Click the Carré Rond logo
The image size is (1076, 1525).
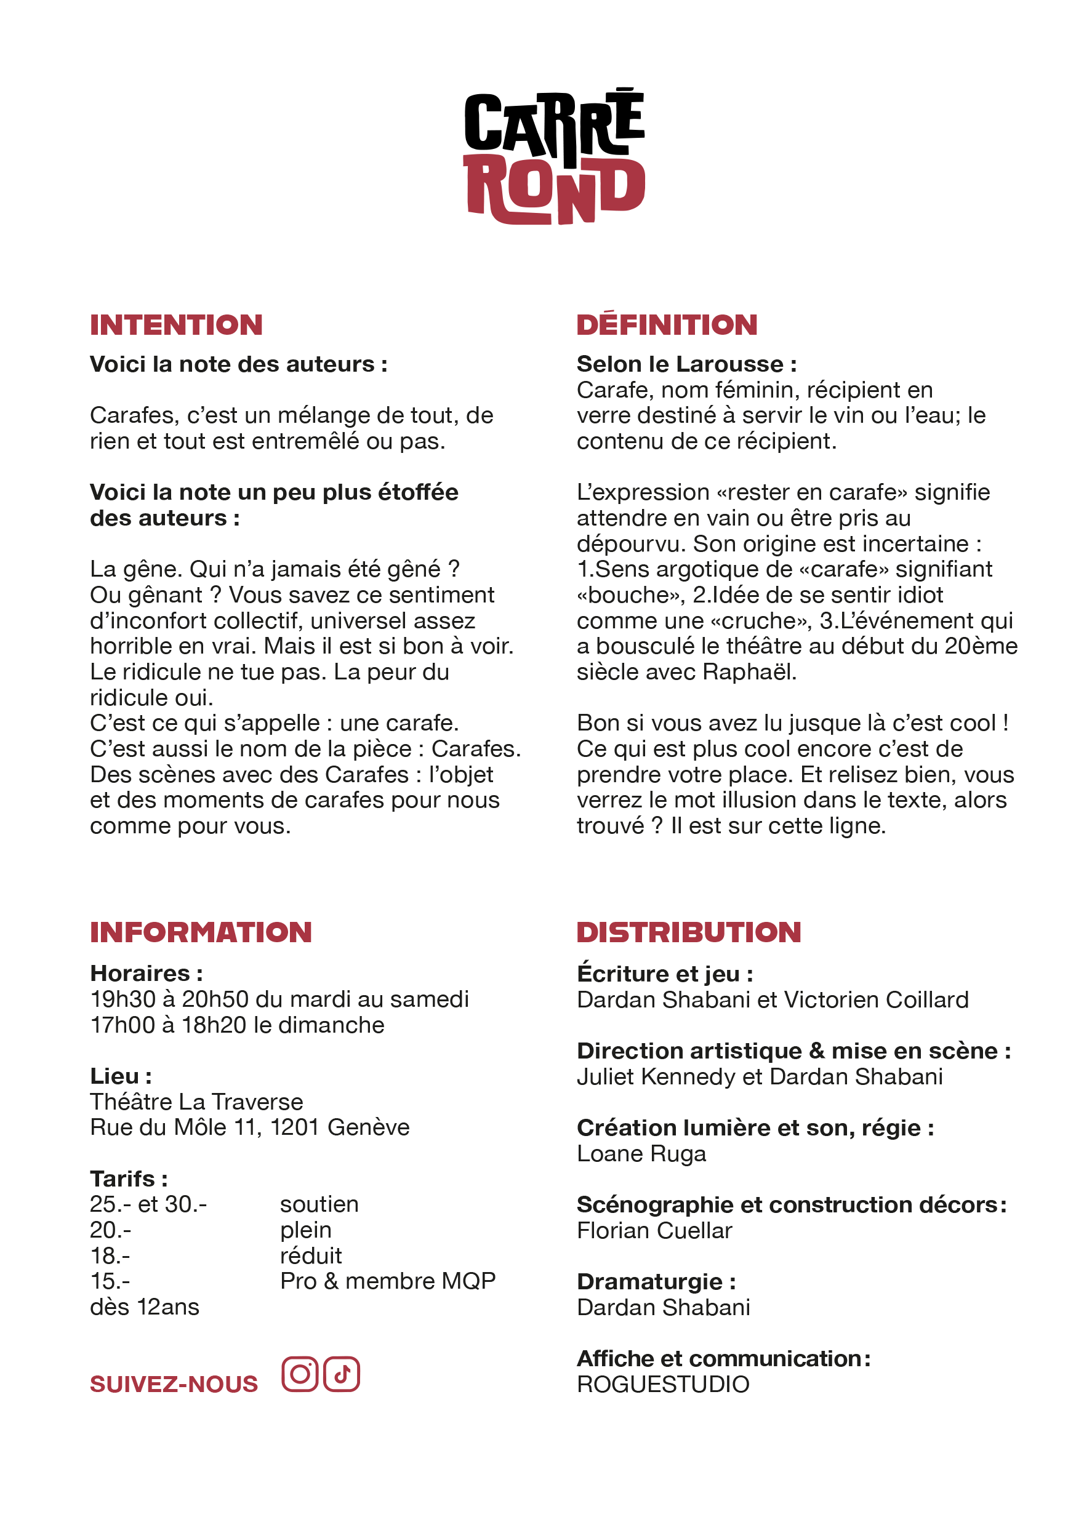(554, 157)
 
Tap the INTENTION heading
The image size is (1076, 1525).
(176, 325)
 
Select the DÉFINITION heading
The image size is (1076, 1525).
(667, 325)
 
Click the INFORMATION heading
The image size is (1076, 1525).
(201, 932)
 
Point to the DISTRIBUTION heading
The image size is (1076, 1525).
(689, 932)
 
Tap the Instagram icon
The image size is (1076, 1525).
(300, 1374)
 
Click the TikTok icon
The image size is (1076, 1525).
(342, 1374)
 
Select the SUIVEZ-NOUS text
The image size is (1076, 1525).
(174, 1384)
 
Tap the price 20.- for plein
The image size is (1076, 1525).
(110, 1230)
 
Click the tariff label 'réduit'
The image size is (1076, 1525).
(311, 1256)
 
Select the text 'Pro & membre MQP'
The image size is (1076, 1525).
(388, 1281)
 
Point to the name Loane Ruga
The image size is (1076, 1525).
(641, 1154)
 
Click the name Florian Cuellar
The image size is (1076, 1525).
(654, 1231)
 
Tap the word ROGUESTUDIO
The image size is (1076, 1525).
(663, 1384)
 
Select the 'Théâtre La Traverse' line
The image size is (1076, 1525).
(196, 1102)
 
